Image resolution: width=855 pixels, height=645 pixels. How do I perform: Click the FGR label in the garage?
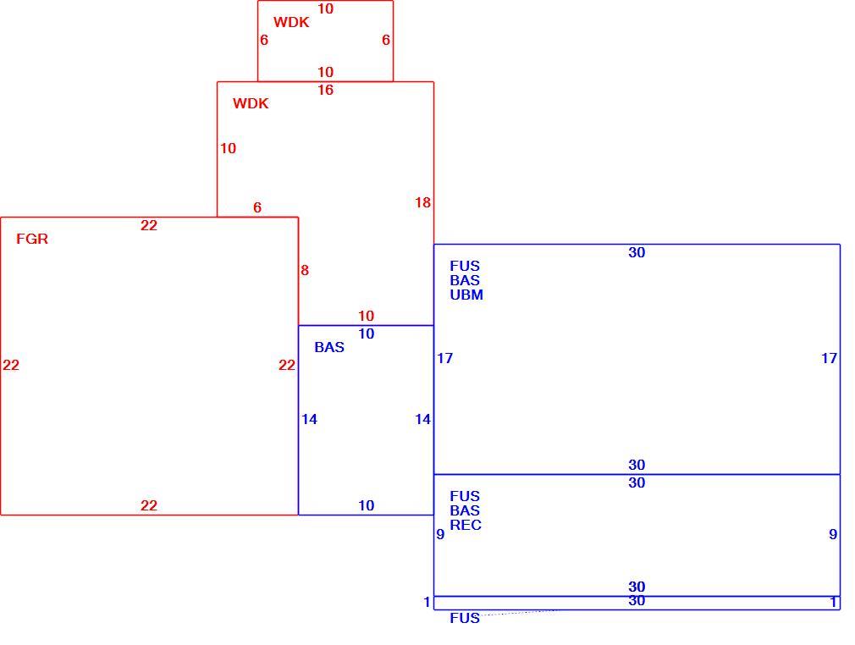pos(32,239)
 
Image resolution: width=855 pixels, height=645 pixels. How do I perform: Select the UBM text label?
pos(466,295)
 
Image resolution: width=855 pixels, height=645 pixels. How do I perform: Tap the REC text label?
pos(466,525)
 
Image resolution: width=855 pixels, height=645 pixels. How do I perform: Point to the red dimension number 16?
pos(326,90)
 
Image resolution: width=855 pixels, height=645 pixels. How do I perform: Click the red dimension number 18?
pos(422,203)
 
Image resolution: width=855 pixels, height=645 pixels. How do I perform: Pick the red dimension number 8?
pos(305,270)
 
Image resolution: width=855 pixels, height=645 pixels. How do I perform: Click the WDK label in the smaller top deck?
pos(291,22)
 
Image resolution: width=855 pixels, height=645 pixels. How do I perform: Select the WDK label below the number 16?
pos(251,103)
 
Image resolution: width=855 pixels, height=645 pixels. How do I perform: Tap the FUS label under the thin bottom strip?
pos(465,618)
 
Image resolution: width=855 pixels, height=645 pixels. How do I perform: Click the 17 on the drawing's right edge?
pos(830,358)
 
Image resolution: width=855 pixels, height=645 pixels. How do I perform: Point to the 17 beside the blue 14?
pos(445,358)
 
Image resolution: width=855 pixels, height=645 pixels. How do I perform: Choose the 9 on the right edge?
pos(833,534)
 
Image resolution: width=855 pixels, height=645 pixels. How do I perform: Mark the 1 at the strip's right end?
pos(833,602)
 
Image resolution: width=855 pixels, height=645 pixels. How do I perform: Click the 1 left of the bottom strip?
pos(427,603)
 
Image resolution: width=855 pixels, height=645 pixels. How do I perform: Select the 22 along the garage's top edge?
pos(149,226)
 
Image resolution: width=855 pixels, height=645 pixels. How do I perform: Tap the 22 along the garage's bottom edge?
pos(149,506)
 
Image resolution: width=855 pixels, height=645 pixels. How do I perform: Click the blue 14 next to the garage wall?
pos(309,419)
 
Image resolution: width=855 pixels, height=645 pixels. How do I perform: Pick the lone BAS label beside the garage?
pos(329,347)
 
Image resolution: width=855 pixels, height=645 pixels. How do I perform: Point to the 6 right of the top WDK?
pos(386,40)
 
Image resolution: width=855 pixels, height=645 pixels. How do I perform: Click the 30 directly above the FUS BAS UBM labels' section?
pos(637,252)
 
